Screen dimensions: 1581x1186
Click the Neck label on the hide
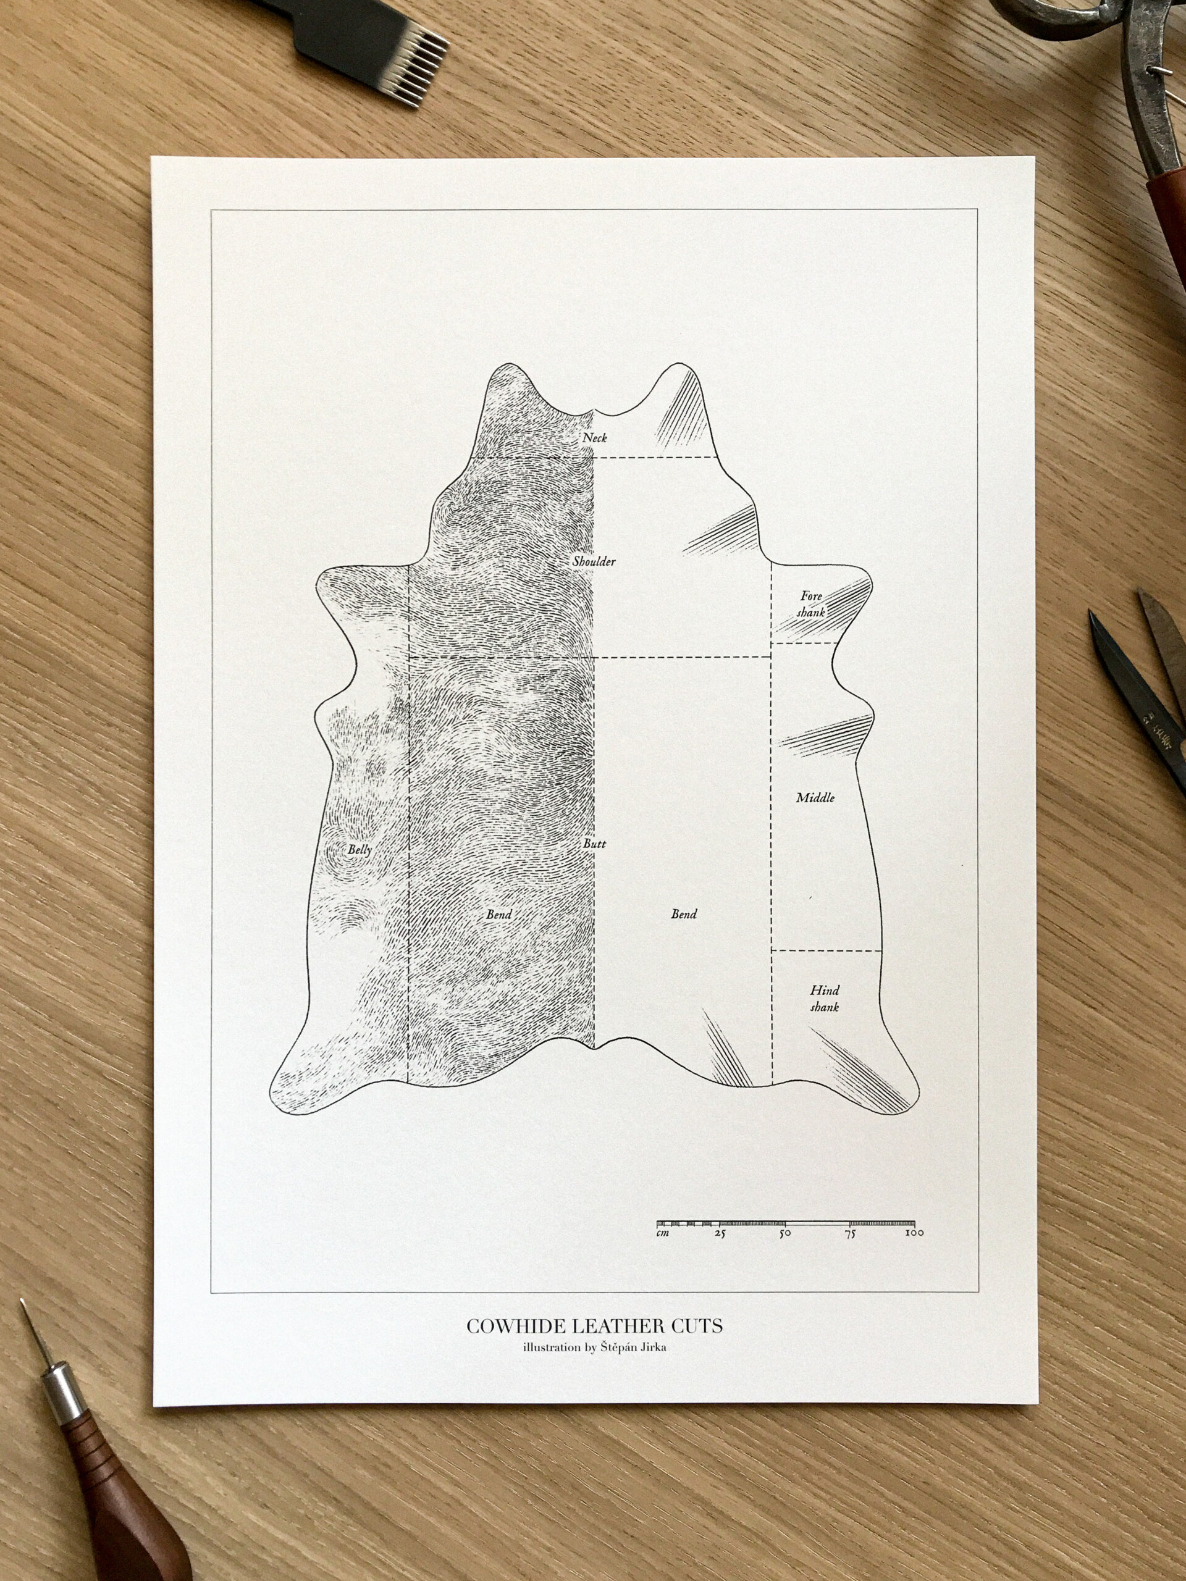594,437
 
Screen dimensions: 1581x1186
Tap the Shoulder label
594,562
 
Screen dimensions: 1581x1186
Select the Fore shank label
812,603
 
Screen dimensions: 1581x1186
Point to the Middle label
815,798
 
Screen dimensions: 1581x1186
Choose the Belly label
360,850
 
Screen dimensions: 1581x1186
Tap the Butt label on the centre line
594,844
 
